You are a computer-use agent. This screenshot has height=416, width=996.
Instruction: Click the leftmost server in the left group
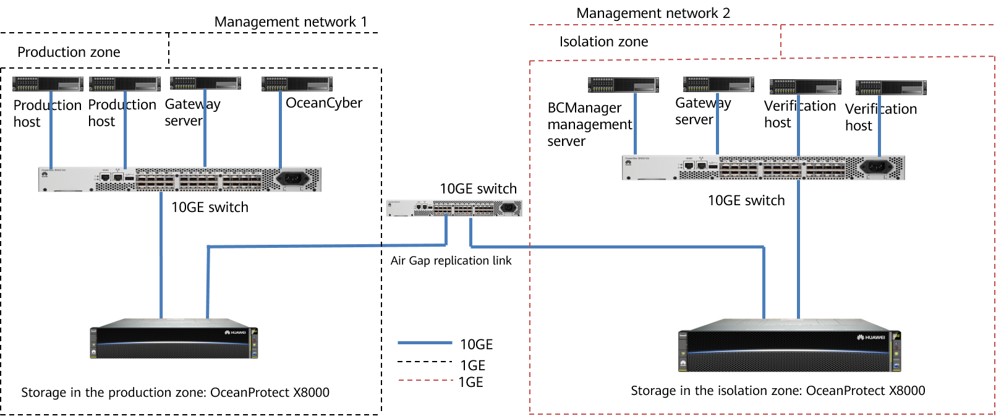click(x=48, y=84)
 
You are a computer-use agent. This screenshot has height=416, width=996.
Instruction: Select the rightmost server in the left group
click(x=297, y=84)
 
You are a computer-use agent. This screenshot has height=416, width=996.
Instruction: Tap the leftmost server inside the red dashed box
click(x=623, y=85)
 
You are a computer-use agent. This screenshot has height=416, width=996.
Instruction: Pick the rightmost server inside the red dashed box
click(x=891, y=88)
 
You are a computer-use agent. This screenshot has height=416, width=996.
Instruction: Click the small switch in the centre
click(x=454, y=208)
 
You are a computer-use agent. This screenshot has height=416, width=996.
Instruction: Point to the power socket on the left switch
click(x=292, y=178)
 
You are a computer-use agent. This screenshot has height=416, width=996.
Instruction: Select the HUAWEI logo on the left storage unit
click(x=235, y=333)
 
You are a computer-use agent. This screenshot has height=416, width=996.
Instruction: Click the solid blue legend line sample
click(x=425, y=342)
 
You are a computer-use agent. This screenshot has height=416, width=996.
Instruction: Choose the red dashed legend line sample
click(x=426, y=380)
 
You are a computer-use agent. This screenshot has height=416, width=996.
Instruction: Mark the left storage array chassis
click(x=174, y=340)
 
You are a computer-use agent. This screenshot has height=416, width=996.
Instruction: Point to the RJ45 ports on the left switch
click(x=111, y=177)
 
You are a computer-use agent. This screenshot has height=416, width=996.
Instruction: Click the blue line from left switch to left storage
click(x=161, y=253)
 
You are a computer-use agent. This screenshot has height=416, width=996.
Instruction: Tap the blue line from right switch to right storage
click(x=798, y=247)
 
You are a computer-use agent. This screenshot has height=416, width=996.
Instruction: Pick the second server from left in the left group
click(x=125, y=84)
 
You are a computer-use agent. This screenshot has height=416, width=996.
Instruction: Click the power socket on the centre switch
click(x=508, y=208)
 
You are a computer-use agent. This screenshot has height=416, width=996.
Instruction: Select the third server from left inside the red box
click(x=805, y=87)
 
